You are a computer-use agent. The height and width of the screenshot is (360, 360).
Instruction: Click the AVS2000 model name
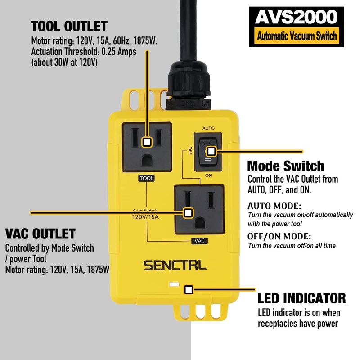coord(296,17)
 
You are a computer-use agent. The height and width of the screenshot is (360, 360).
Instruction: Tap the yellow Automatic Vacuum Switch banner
coord(296,35)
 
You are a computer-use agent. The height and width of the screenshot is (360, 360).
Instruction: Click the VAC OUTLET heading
coord(40,234)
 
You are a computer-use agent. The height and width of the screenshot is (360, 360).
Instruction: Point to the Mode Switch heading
coord(286,166)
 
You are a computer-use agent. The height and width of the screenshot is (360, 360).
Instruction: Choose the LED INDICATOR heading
coord(301,298)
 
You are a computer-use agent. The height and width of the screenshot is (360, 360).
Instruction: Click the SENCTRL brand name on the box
coord(175,265)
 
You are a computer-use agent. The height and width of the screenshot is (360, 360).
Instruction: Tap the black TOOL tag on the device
coord(146,179)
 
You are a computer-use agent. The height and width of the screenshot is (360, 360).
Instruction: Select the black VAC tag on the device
coord(199,241)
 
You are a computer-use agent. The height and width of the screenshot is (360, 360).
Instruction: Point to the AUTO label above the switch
coord(208,128)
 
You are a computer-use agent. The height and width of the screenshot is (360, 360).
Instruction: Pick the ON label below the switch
coord(208,175)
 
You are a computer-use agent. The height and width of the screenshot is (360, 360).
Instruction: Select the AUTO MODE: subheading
coord(274,206)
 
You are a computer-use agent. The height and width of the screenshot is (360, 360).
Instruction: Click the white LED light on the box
coord(172,285)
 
